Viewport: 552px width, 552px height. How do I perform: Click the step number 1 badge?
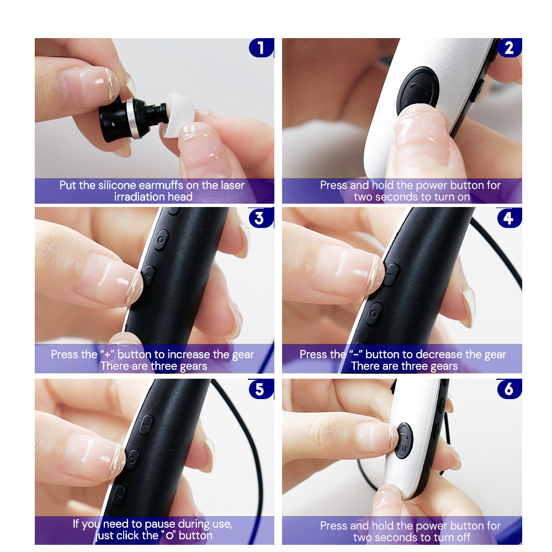pyautogui.click(x=261, y=47)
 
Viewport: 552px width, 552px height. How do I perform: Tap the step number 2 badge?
pyautogui.click(x=509, y=47)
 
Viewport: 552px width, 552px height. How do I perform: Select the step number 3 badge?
pyautogui.click(x=261, y=218)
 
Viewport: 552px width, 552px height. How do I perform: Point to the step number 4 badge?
pyautogui.click(x=509, y=218)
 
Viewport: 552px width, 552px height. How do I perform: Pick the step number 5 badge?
pyautogui.click(x=261, y=389)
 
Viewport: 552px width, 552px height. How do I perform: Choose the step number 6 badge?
pyautogui.click(x=509, y=389)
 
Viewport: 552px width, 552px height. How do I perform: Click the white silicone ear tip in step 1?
pyautogui.click(x=179, y=115)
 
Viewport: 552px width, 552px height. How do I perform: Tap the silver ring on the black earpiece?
pyautogui.click(x=132, y=118)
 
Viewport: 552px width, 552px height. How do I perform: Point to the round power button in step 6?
pyautogui.click(x=404, y=440)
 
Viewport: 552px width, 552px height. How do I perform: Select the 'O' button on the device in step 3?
pyautogui.click(x=161, y=240)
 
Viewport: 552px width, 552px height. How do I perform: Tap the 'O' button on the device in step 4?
pyautogui.click(x=374, y=313)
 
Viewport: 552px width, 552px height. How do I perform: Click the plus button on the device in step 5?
pyautogui.click(x=119, y=495)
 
